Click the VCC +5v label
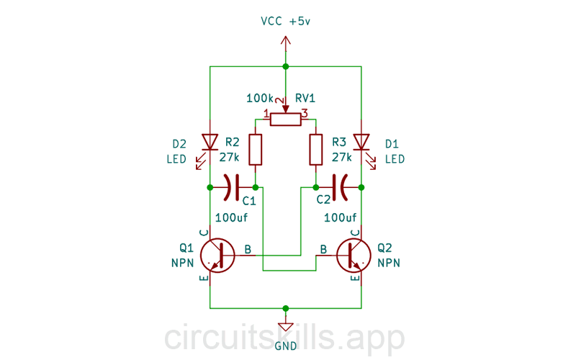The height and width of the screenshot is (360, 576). [x=286, y=22]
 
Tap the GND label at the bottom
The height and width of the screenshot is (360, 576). [x=286, y=346]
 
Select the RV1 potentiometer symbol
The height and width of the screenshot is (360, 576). [x=286, y=119]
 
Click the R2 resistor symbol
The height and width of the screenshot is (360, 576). [x=255, y=149]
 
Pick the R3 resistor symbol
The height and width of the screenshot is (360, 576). [x=316, y=149]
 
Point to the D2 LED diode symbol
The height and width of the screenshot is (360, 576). [x=210, y=141]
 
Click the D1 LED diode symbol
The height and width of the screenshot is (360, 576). [x=361, y=141]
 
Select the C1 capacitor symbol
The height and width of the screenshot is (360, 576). [x=233, y=187]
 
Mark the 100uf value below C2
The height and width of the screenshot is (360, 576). [x=341, y=217]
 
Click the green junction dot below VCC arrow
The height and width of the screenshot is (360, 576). [x=286, y=66]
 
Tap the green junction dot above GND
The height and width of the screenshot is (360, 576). [x=286, y=308]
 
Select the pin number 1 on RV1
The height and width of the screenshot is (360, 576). [x=266, y=114]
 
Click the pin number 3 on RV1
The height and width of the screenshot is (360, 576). [x=305, y=114]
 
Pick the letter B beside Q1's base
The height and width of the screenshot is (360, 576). [x=248, y=249]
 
